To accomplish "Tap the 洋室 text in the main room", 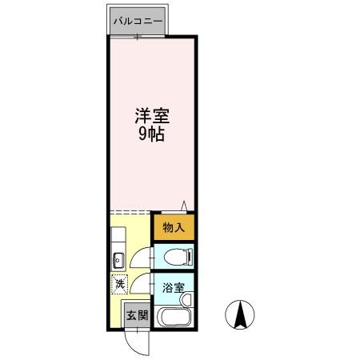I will (152, 116).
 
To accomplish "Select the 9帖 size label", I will (152, 134).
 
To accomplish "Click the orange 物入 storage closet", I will (174, 227).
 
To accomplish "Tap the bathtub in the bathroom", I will (172, 317).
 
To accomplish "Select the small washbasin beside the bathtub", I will (186, 300).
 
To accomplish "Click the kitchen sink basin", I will (117, 258).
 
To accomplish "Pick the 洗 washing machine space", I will (119, 282).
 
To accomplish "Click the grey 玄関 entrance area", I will (136, 314).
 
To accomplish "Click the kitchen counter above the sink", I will (117, 238).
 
